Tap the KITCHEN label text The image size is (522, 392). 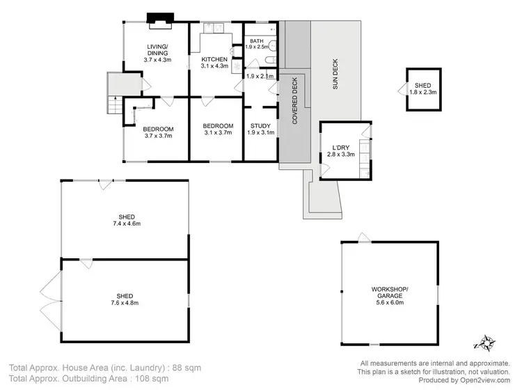tap(214, 59)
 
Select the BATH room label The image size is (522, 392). tap(257, 41)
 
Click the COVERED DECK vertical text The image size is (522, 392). tap(294, 100)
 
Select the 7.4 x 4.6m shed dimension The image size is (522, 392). tap(126, 224)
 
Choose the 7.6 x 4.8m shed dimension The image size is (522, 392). tap(125, 303)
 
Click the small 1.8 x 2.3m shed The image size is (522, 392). tap(422, 88)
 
